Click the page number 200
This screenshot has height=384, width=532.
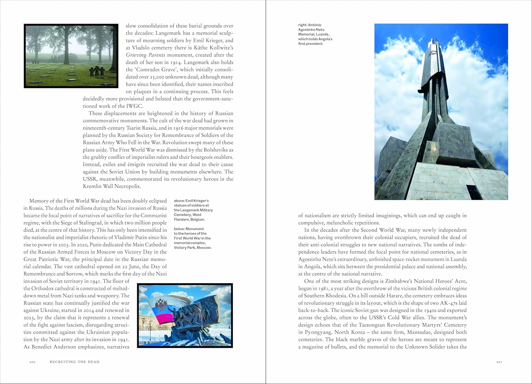point(32,362)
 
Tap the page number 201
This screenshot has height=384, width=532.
point(499,362)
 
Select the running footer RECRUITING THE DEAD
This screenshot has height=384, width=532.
point(74,362)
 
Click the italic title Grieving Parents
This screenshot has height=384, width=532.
point(145,55)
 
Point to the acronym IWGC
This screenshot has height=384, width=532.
point(136,106)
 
